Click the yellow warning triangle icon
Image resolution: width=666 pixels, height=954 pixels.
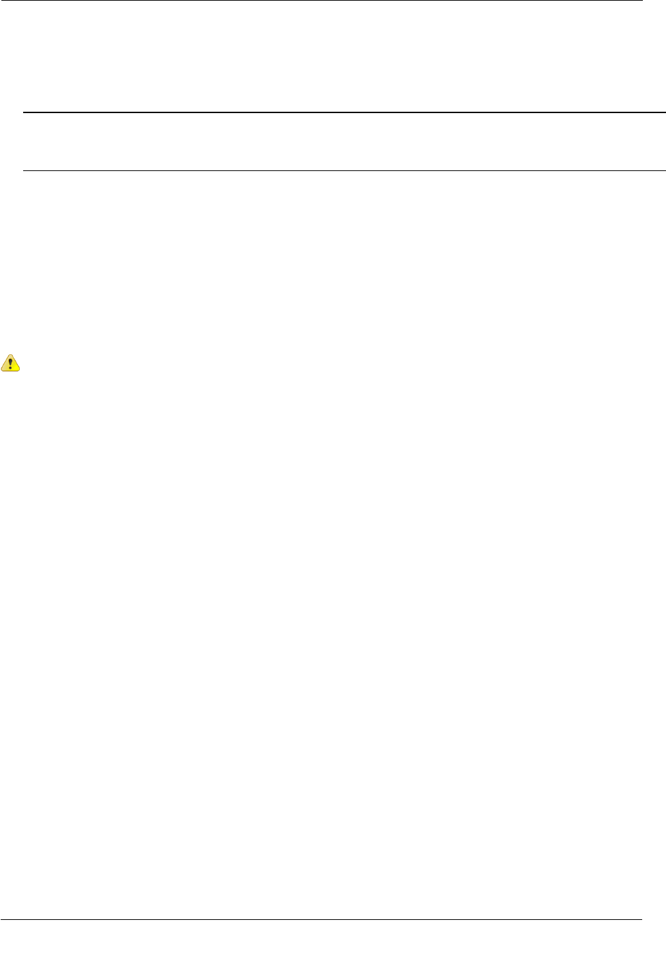[10, 363]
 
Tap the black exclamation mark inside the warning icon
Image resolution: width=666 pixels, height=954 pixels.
[10, 363]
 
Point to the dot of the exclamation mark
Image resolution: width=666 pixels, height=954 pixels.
[10, 368]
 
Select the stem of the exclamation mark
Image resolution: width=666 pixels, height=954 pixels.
[10, 361]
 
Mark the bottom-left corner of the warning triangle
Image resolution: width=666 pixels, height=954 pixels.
[2, 370]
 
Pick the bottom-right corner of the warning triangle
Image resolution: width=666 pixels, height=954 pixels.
[19, 370]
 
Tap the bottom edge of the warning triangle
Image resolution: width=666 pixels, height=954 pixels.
[10, 370]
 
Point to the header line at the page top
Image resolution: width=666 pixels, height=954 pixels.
[321, 1]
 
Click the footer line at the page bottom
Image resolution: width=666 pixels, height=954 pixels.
[321, 920]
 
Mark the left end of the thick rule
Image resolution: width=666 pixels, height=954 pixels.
[24, 112]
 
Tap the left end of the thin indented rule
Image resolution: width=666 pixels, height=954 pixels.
[24, 170]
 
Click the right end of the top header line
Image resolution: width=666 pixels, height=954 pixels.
[641, 1]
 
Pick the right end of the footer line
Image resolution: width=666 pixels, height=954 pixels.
[641, 920]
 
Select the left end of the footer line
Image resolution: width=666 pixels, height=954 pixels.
[1, 920]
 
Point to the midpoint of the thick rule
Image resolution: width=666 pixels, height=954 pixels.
[345, 112]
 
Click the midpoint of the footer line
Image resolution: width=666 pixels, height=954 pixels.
[321, 920]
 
